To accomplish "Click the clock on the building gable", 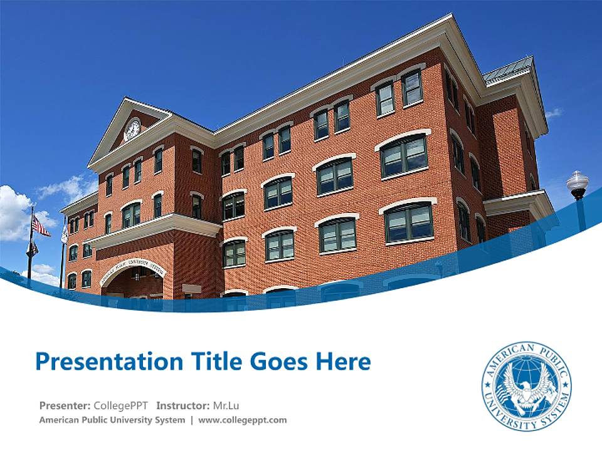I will point(132,129).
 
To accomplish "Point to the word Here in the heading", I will point(343,361).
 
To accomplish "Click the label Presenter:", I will point(65,405).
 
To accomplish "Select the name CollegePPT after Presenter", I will point(121,405).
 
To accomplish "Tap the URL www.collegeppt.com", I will point(242,420).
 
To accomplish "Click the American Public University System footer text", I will point(112,420).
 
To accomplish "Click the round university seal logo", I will point(526,386).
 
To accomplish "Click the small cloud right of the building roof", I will point(554,113).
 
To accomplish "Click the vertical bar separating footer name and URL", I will point(192,420).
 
